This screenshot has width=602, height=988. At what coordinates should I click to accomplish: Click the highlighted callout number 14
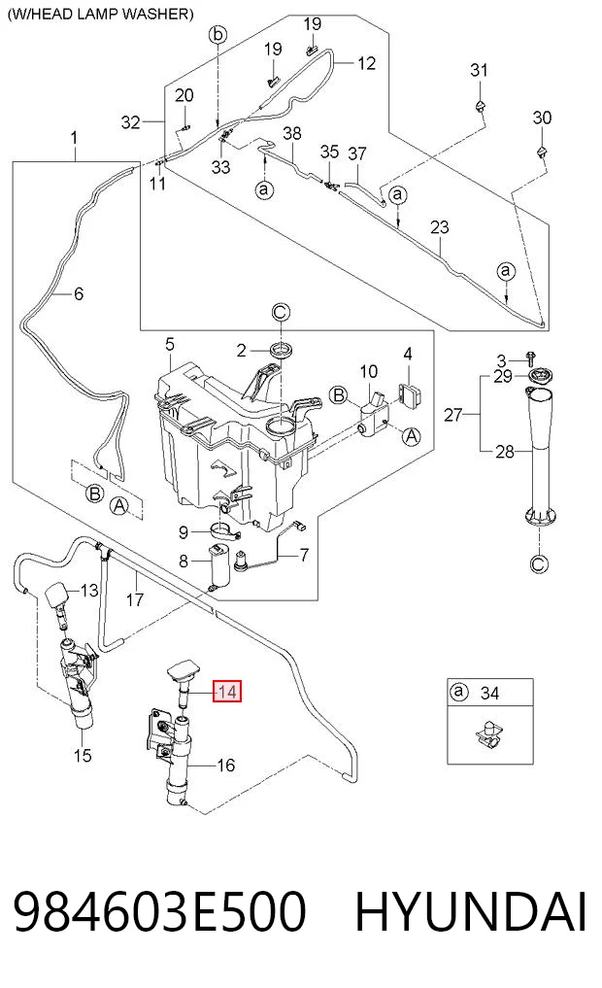[x=226, y=692]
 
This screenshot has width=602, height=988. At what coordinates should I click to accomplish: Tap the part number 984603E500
[x=160, y=912]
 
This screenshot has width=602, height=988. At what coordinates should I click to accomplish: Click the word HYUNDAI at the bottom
[x=471, y=912]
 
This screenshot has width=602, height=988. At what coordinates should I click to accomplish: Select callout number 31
[x=480, y=70]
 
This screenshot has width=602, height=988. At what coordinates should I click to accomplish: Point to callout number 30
[x=542, y=118]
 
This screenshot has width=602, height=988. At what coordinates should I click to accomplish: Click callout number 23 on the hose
[x=440, y=226]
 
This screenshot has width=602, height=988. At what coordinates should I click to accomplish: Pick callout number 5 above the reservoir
[x=169, y=345]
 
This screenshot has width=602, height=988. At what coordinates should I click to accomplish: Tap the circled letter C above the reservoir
[x=281, y=312]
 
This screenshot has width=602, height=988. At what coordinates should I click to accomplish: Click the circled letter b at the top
[x=217, y=34]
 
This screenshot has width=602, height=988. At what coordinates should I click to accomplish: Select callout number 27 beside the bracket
[x=452, y=415]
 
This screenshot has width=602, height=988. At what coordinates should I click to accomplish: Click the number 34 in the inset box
[x=489, y=693]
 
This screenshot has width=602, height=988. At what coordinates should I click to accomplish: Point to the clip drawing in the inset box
[x=488, y=733]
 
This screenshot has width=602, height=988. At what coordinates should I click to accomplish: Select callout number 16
[x=225, y=765]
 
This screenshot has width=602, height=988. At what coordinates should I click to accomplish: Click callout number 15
[x=83, y=755]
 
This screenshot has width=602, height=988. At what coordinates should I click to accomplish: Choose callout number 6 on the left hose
[x=78, y=293]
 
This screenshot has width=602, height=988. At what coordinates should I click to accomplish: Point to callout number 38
[x=292, y=133]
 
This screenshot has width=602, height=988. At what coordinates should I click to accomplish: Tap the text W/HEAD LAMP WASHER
[x=100, y=14]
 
